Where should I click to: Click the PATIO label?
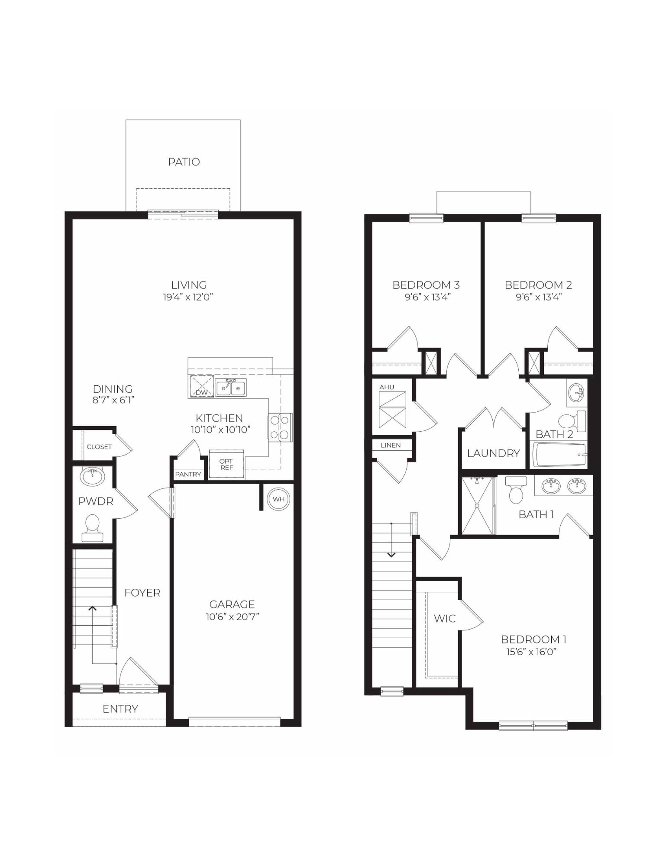tap(184, 162)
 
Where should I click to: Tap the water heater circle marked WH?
tap(278, 499)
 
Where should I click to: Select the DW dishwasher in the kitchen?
tap(202, 387)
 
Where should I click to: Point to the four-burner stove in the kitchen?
tap(280, 427)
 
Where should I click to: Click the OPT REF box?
tap(226, 465)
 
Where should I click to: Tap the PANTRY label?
tap(188, 474)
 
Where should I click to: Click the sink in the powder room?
tap(92, 477)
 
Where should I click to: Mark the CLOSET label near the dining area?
tap(99, 446)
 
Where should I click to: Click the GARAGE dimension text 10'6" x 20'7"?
tap(232, 617)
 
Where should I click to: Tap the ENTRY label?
tap(120, 709)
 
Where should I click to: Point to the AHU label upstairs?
tap(387, 387)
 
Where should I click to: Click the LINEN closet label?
tap(391, 445)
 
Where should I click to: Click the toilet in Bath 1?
tap(516, 490)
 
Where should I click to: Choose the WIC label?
tap(445, 618)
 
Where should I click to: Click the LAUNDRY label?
tap(493, 453)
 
